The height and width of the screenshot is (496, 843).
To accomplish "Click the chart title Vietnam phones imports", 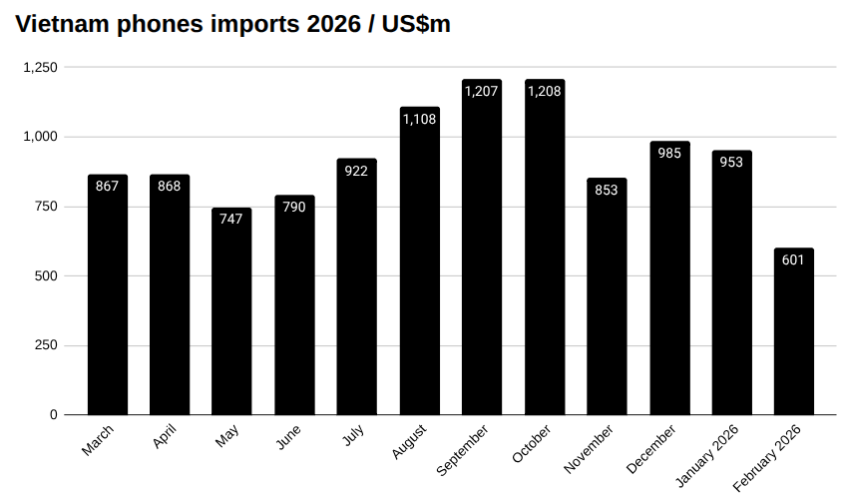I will click(x=232, y=25).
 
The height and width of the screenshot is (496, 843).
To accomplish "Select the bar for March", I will click(x=108, y=294).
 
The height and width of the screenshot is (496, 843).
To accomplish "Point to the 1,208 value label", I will click(x=544, y=91).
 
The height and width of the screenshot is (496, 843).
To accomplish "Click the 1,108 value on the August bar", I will click(x=419, y=119).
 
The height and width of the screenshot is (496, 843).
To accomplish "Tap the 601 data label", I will click(x=794, y=260).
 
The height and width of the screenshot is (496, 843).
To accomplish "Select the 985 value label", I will click(x=669, y=153).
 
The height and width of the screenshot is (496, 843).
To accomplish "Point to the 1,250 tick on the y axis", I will click(x=41, y=67).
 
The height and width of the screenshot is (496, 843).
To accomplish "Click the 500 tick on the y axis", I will click(x=47, y=275).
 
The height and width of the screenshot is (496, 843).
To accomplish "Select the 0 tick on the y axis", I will click(x=54, y=414).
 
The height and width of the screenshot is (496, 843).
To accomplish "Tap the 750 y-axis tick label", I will click(x=47, y=207).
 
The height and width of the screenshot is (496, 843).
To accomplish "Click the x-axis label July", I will click(x=352, y=435).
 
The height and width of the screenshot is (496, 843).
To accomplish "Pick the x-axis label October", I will click(x=531, y=442).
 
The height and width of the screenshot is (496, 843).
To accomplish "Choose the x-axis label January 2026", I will click(x=707, y=455).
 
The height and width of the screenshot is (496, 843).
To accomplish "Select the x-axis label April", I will click(x=165, y=437).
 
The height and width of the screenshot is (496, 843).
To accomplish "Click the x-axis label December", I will click(x=652, y=448).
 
